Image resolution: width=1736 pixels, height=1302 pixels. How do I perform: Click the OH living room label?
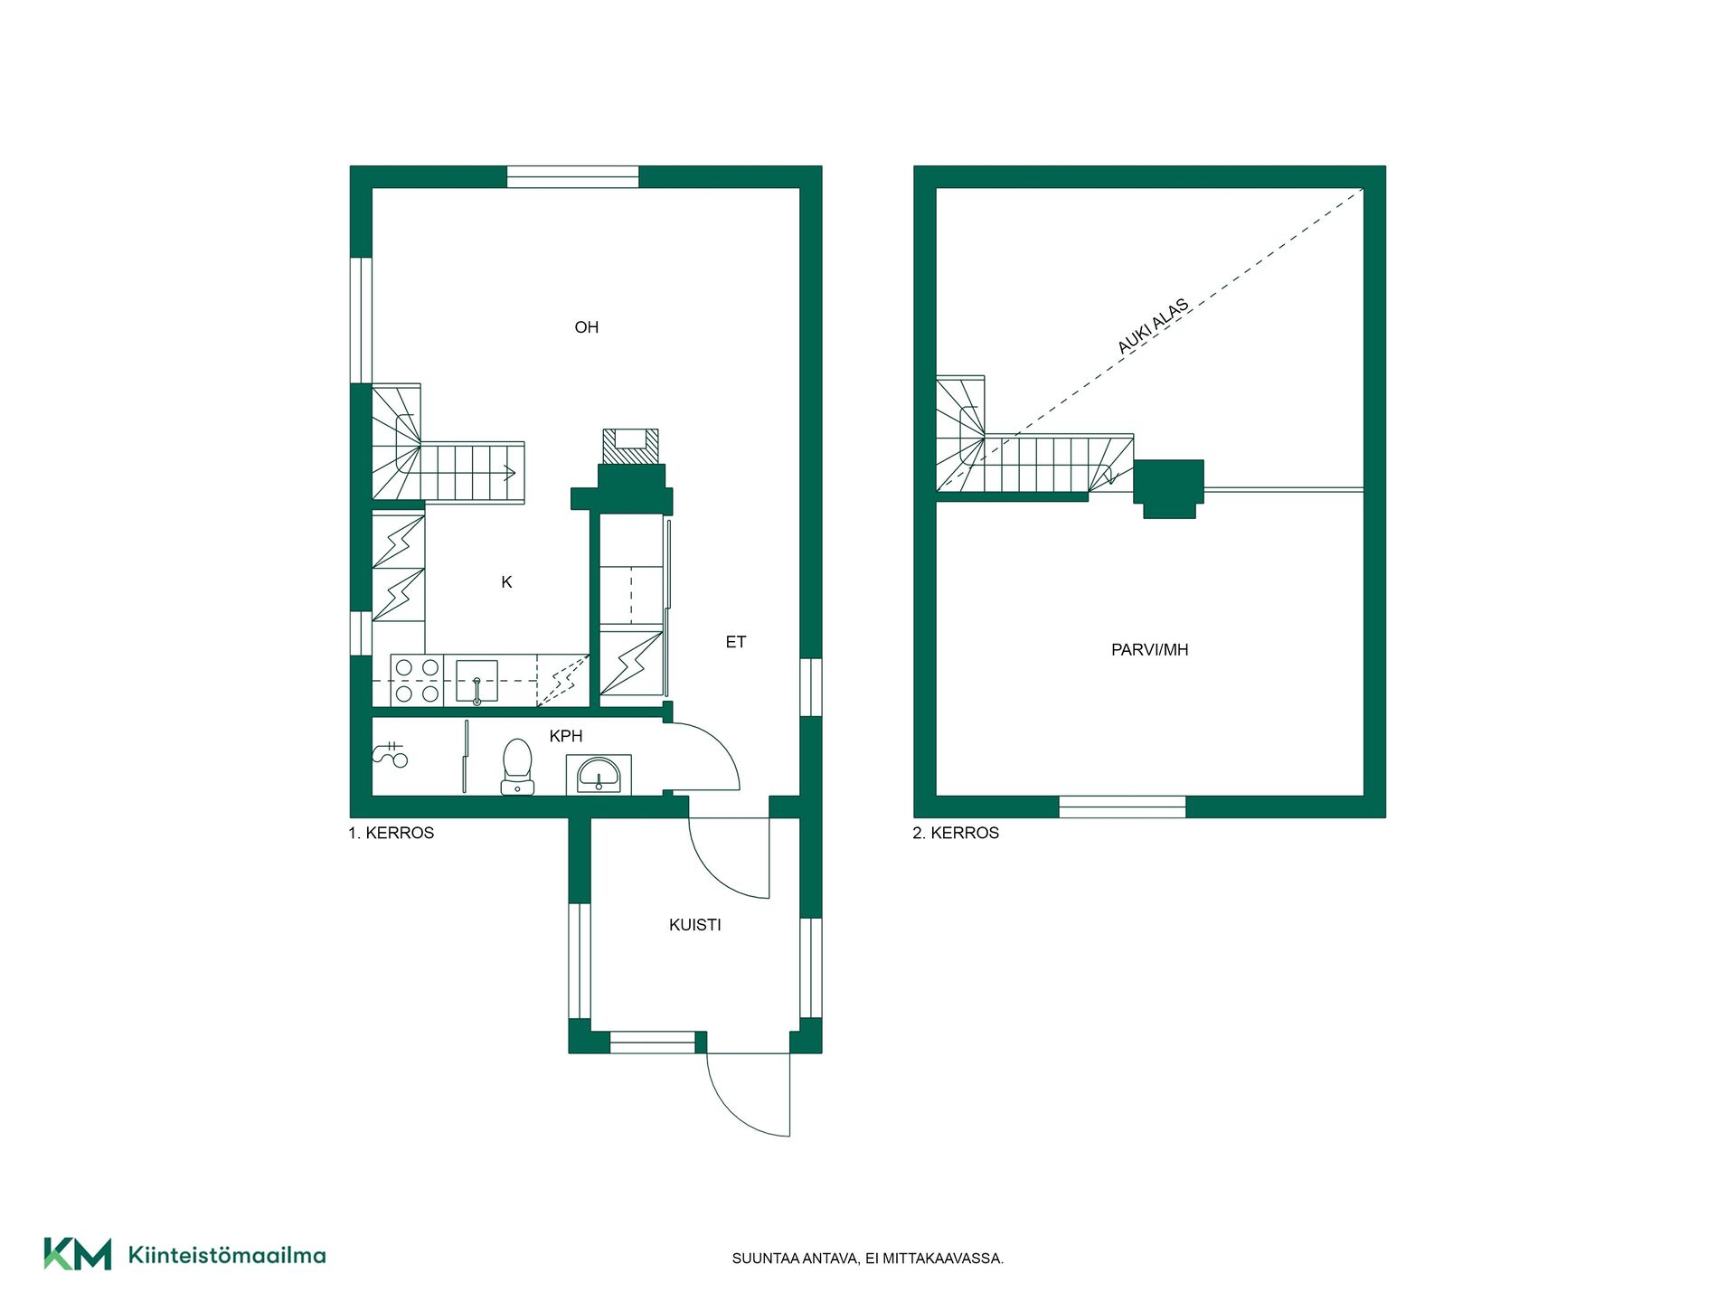coord(586,327)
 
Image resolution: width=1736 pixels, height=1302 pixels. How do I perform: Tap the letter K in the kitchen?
coord(506,582)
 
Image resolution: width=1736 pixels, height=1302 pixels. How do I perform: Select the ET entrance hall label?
coord(736,642)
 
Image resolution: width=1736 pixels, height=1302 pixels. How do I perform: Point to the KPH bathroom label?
coord(566,736)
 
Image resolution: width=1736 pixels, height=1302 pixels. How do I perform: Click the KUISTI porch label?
coord(695,925)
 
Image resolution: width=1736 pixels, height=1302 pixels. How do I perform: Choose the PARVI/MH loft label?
coord(1149,650)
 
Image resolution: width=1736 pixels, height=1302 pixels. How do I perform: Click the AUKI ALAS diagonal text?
coord(1153,326)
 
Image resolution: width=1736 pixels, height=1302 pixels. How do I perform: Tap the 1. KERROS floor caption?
coord(392,833)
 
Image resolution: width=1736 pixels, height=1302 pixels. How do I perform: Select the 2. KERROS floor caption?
coord(956,833)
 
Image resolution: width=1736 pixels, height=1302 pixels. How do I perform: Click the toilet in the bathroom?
coord(517,767)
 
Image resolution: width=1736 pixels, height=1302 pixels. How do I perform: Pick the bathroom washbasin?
coord(599,776)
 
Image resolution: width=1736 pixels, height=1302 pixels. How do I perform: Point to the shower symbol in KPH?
coord(391,754)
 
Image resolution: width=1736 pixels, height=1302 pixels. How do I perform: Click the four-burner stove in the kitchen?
coord(417,680)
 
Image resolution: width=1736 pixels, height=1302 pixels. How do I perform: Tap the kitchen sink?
coord(476,681)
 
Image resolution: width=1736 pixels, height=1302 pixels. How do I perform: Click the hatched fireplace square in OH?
coord(631,447)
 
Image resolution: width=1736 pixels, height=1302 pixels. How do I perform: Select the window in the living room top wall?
coord(572,176)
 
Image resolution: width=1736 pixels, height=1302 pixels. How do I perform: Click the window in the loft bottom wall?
coord(1122,807)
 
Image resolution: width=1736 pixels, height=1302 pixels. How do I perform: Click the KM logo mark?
coord(78,1254)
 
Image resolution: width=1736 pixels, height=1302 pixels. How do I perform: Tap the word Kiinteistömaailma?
coord(227,1255)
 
